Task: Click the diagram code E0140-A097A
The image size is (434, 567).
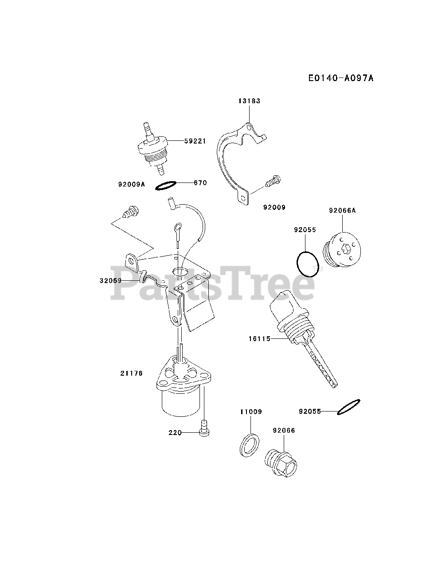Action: (341, 78)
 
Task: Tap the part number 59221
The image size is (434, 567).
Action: (195, 141)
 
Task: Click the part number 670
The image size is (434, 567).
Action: (200, 182)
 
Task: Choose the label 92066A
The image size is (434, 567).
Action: (342, 211)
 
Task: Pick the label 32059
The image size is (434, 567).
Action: (110, 280)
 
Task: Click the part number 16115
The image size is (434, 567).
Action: (259, 338)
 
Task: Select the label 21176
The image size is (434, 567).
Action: (131, 373)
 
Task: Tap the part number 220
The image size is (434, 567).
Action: (176, 432)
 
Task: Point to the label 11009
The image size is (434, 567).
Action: (251, 412)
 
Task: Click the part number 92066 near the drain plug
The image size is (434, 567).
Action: (284, 430)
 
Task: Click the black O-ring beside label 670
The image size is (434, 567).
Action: (167, 186)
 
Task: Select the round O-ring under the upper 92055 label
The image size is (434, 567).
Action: (306, 264)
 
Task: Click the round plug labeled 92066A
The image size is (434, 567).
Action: (344, 249)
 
